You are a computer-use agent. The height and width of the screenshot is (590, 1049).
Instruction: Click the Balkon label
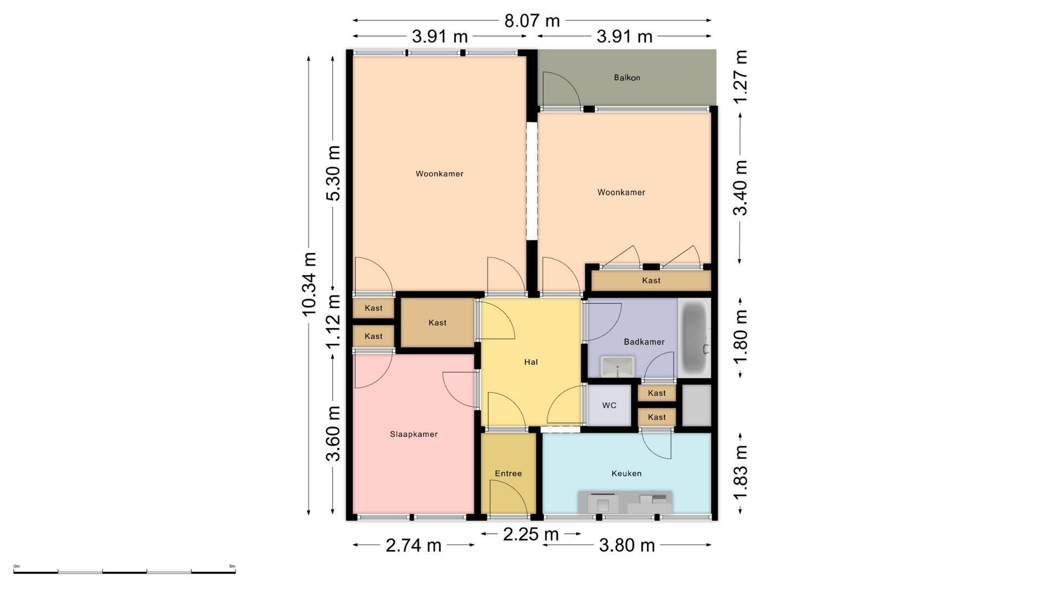[627, 78]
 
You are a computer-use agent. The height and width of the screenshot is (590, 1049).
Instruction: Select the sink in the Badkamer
[617, 367]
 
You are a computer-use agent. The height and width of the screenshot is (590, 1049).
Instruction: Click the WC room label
[609, 405]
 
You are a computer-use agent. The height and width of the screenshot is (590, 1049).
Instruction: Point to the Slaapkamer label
[414, 434]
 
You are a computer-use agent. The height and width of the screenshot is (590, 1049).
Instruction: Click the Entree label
[508, 474]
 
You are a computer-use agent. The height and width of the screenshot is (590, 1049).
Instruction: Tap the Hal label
[531, 362]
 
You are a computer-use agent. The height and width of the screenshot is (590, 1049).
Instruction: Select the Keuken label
[626, 474]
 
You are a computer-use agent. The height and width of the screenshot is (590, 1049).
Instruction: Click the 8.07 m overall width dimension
[532, 21]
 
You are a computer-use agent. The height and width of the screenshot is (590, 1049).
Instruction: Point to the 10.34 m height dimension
[309, 284]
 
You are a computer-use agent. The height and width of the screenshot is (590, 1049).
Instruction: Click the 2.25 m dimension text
[531, 534]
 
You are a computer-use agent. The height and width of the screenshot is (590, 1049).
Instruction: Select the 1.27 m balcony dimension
[740, 77]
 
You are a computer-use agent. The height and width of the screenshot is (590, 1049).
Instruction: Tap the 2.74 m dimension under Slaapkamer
[414, 545]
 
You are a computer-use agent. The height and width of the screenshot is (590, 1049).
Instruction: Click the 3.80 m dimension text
[627, 545]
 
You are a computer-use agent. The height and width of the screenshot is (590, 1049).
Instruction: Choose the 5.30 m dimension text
[333, 173]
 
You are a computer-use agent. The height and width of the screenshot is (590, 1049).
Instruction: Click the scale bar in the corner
[125, 572]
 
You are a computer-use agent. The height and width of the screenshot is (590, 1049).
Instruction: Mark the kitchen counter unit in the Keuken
[626, 503]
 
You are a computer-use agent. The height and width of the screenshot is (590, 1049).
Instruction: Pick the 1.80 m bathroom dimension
[740, 337]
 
